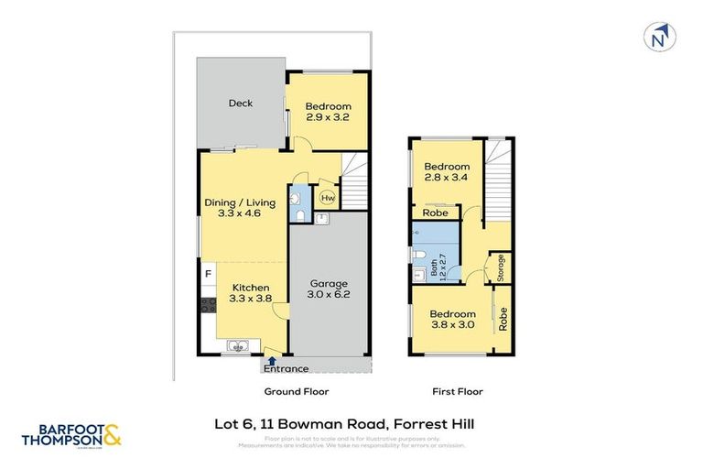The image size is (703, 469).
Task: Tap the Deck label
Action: pyautogui.click(x=241, y=104)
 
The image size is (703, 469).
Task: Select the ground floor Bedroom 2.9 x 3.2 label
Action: pyautogui.click(x=329, y=111)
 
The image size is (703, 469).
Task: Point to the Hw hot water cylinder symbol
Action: pyautogui.click(x=326, y=196)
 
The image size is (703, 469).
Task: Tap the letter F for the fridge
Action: pyautogui.click(x=208, y=272)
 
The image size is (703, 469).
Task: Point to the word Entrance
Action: pyautogui.click(x=286, y=369)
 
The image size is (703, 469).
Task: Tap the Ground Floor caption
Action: pyautogui.click(x=296, y=391)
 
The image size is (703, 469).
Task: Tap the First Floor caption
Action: pyautogui.click(x=457, y=391)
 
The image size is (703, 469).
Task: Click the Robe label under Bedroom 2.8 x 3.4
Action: pyautogui.click(x=435, y=212)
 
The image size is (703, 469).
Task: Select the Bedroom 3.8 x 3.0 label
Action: pyautogui.click(x=453, y=318)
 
